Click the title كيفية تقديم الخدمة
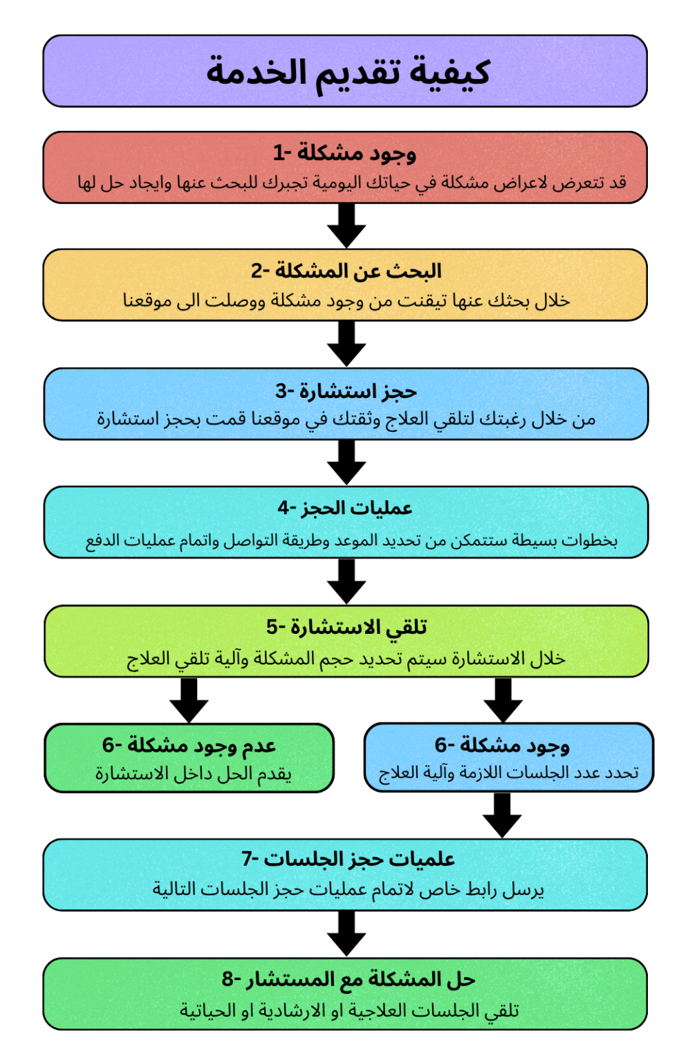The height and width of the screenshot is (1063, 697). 348,73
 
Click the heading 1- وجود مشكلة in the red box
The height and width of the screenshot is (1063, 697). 345,153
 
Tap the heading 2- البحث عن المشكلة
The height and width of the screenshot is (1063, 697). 346,271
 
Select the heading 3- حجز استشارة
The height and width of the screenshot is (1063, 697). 346,392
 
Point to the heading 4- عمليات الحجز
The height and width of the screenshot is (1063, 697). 345,508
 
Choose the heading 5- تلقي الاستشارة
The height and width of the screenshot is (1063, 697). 346,628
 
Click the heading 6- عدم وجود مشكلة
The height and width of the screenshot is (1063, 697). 189,745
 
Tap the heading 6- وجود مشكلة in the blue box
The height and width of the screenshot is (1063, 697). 502,745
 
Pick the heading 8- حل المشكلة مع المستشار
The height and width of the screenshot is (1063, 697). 348,979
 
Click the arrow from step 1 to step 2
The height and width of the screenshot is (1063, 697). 346,226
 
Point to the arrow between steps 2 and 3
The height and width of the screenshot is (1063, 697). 346,343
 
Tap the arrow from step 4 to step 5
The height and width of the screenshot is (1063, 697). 346,581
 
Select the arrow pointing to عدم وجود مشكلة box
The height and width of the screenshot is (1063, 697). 189,700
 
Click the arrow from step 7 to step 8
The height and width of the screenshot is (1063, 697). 346,934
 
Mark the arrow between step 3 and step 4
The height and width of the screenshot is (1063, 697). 346,462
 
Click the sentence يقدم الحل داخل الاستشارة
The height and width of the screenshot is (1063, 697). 194,774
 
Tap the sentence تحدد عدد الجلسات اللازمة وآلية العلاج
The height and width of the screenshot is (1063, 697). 508,772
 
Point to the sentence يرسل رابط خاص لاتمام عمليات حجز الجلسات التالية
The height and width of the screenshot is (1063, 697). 348,889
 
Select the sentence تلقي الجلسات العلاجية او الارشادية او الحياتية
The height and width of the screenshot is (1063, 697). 349,1010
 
